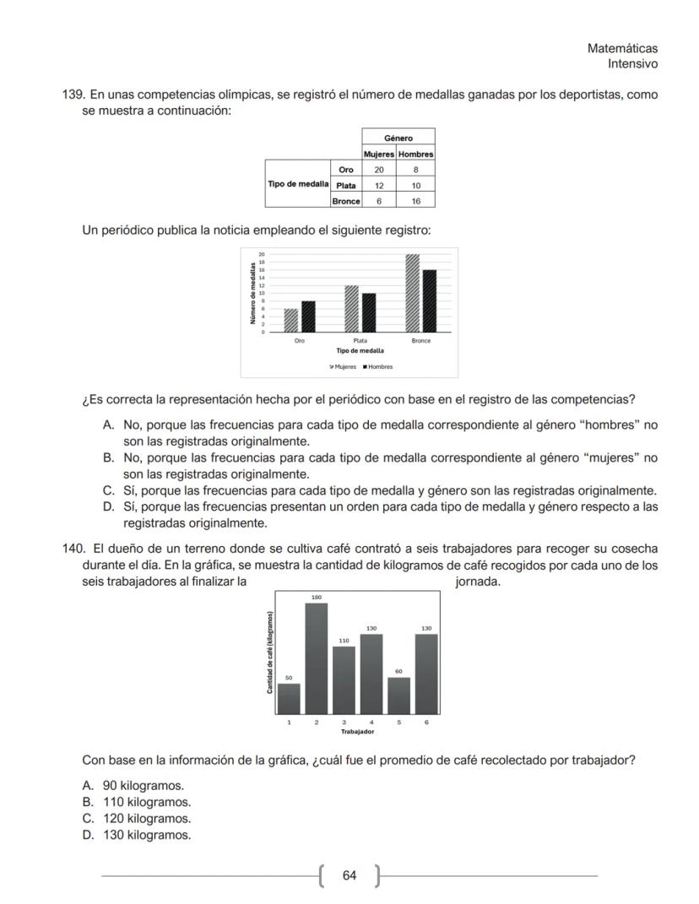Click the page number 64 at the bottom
[x=349, y=875]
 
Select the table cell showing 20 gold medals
[x=379, y=170]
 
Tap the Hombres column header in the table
[x=415, y=154]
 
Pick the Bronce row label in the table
[x=346, y=201]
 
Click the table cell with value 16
[x=415, y=201]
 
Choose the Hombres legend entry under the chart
[x=377, y=366]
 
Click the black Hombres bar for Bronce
[x=430, y=300]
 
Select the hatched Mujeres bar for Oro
[x=291, y=320]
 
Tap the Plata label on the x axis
[x=360, y=341]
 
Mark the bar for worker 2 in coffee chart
[x=316, y=658]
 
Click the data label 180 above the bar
[x=316, y=597]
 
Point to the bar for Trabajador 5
[x=398, y=696]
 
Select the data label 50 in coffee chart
[x=288, y=677]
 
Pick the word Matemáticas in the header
[x=622, y=49]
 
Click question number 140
[x=73, y=548]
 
